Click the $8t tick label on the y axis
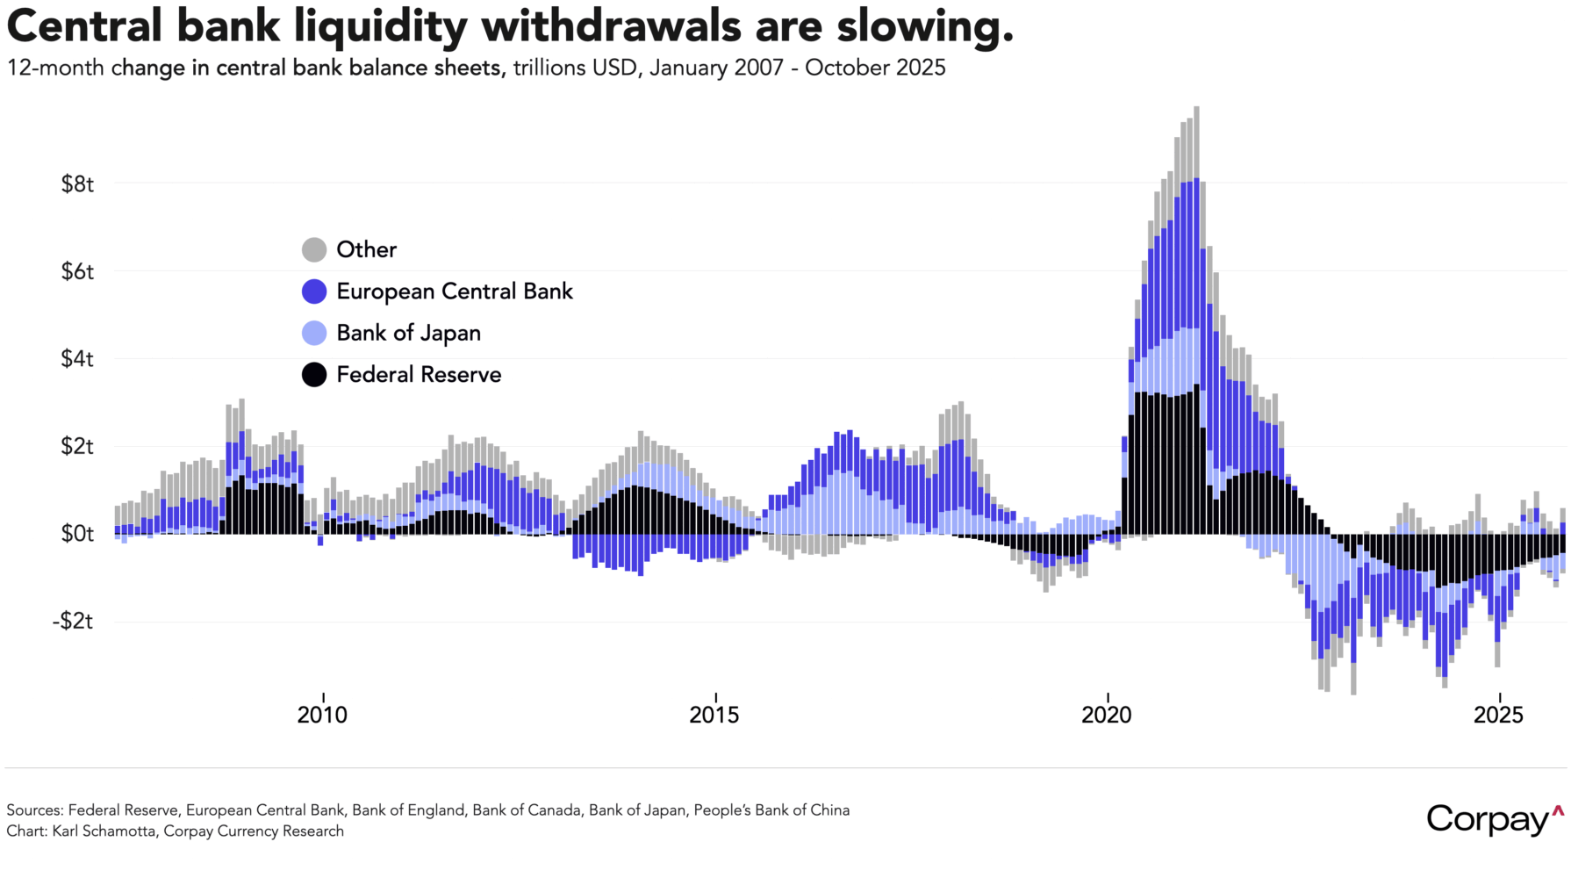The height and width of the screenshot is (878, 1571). click(77, 184)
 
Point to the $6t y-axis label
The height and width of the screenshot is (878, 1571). click(77, 271)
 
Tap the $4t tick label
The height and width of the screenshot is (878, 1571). click(77, 359)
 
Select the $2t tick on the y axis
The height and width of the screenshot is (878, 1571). click(77, 446)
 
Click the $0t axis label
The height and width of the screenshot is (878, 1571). click(77, 534)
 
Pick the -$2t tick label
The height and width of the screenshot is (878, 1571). click(74, 622)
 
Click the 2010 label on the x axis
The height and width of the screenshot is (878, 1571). click(322, 716)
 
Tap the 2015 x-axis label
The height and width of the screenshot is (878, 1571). click(714, 716)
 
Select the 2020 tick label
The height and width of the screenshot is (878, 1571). click(1107, 716)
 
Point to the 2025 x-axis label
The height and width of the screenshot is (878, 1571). click(1498, 716)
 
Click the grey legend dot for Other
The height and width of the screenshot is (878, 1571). click(314, 250)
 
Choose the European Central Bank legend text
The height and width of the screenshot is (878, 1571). click(455, 291)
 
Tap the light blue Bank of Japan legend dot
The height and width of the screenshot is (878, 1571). click(314, 334)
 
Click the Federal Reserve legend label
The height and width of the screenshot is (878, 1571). click(419, 375)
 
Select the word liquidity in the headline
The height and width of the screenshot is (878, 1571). click(381, 26)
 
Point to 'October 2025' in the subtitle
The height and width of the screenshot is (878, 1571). click(875, 68)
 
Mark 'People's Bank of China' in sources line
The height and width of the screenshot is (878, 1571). click(771, 810)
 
